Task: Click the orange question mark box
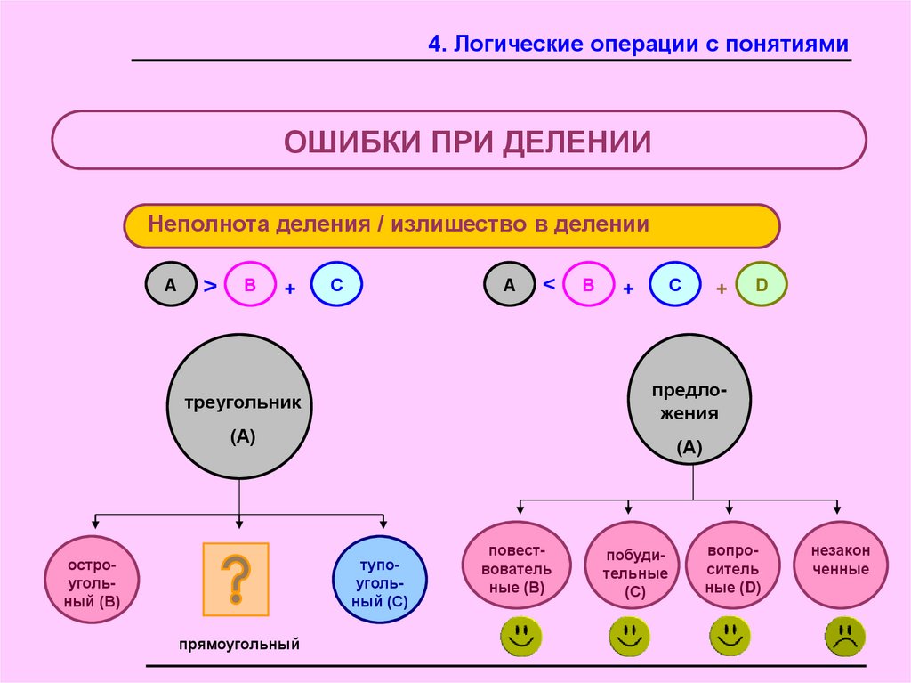(x=235, y=579)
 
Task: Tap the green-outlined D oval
(x=762, y=284)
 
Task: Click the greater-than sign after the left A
(x=210, y=286)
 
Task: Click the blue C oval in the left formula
(x=337, y=285)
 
